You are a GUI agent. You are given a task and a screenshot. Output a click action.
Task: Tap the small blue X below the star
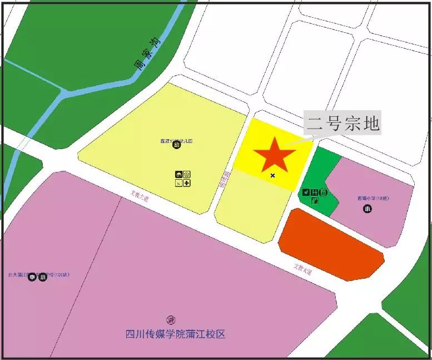tap(272, 175)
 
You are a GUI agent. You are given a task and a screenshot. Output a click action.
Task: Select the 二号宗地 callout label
tap(342, 123)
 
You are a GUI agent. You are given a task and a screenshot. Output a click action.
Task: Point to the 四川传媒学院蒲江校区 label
tap(175, 334)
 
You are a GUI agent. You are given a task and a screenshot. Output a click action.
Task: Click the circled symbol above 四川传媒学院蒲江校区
tap(170, 320)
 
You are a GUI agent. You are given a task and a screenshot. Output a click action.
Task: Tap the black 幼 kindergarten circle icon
tap(176, 146)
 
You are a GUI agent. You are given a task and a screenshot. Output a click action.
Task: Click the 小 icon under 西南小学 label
tap(368, 209)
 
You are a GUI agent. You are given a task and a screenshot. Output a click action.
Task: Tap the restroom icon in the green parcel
tap(315, 193)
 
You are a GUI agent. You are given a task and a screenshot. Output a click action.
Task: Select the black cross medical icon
tap(187, 183)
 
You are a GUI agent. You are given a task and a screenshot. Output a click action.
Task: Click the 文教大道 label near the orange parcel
tap(303, 268)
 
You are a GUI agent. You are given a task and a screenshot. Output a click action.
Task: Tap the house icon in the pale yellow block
tap(187, 174)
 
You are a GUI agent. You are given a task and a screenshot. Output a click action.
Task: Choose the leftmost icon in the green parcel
tap(306, 193)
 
